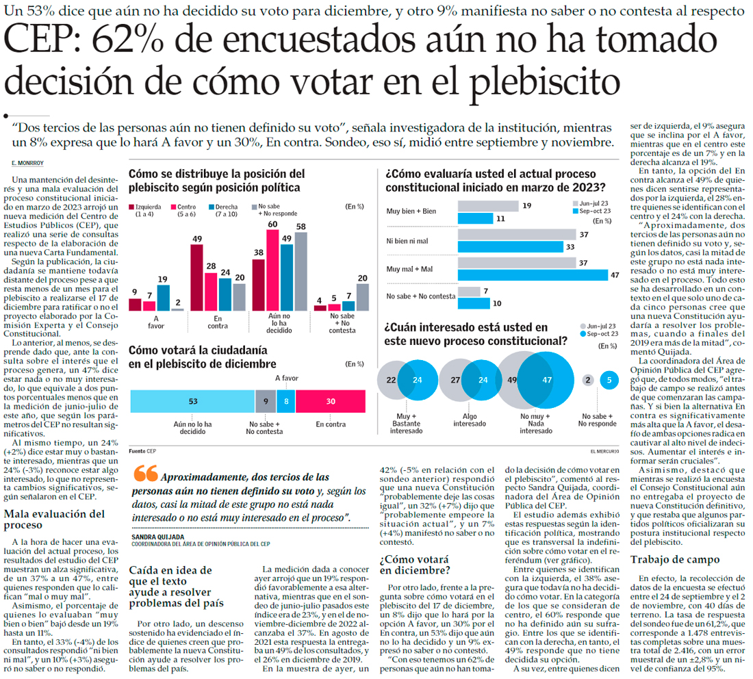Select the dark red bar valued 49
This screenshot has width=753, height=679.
click(196, 277)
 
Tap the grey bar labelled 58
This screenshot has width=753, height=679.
click(301, 272)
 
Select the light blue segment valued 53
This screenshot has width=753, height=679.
click(192, 400)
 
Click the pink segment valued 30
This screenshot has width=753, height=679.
click(330, 400)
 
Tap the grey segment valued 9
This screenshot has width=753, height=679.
click(266, 400)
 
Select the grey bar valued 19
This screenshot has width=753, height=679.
click(487, 205)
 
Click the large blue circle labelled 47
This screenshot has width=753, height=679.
click(546, 379)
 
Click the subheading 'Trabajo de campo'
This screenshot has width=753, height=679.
click(674, 560)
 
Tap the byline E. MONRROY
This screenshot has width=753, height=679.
click(27, 163)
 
